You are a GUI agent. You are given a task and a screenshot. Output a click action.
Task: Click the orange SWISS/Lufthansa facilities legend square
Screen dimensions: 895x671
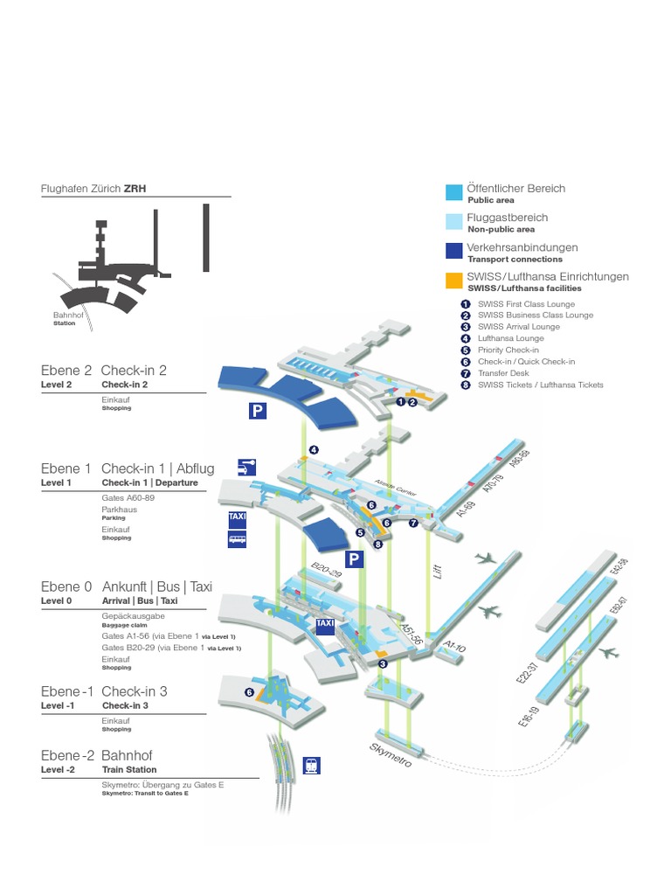pos(453,281)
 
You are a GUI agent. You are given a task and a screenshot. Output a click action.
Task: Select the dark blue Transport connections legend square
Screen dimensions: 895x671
pos(453,251)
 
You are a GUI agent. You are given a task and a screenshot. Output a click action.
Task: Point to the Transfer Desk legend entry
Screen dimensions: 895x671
pos(503,372)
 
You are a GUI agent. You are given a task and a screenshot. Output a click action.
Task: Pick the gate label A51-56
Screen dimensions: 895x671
pos(412,635)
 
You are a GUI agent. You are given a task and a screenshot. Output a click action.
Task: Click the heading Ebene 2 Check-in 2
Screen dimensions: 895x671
pos(104,370)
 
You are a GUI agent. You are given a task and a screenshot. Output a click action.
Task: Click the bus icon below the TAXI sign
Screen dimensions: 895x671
pos(238,539)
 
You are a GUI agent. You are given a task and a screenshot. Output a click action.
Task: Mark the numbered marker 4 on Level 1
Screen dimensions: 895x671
pos(312,450)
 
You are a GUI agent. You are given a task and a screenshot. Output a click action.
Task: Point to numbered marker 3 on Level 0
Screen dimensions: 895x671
pos(383,663)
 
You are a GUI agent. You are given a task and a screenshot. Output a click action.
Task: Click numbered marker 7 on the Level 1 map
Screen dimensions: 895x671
pos(413,523)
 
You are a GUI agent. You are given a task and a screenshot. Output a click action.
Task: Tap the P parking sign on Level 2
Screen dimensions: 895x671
pos(257,411)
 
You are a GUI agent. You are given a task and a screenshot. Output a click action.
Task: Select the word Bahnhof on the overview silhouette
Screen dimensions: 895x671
pos(65,316)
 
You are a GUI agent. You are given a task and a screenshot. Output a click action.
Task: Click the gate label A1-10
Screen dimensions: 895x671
pos(453,647)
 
